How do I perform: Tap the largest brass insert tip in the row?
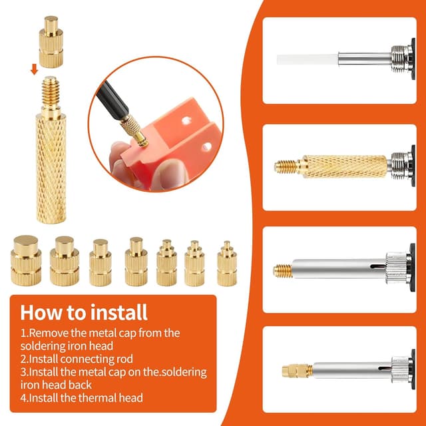27,260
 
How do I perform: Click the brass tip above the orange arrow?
51,42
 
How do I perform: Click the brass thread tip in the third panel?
283,270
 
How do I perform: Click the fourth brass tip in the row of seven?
136,262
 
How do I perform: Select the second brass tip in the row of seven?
64,261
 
